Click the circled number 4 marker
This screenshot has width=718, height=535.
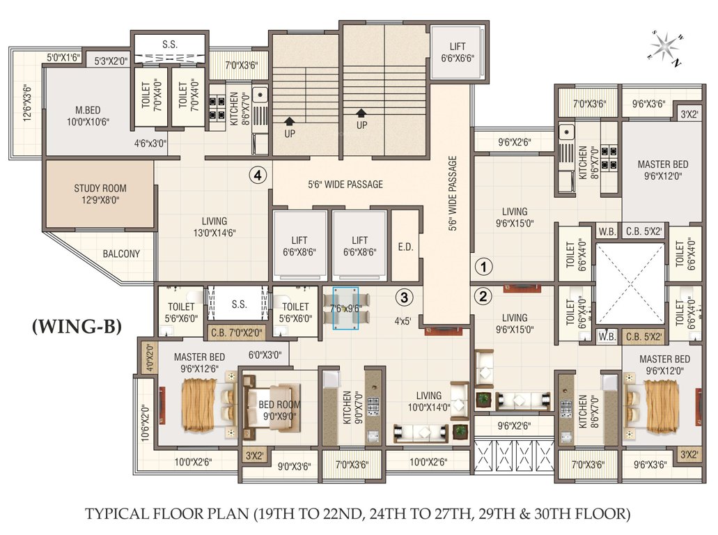tap(258, 176)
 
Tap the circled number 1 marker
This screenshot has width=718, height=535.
tap(483, 265)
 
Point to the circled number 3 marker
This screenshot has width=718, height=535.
tap(405, 297)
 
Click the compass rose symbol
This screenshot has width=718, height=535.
tap(667, 45)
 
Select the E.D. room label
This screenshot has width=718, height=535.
tap(405, 246)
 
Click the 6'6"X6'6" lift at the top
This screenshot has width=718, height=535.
tap(457, 53)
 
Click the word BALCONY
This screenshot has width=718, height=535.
tap(121, 254)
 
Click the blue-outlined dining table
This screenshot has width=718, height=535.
tap(345, 307)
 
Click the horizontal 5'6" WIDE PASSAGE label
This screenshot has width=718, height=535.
tap(345, 185)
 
